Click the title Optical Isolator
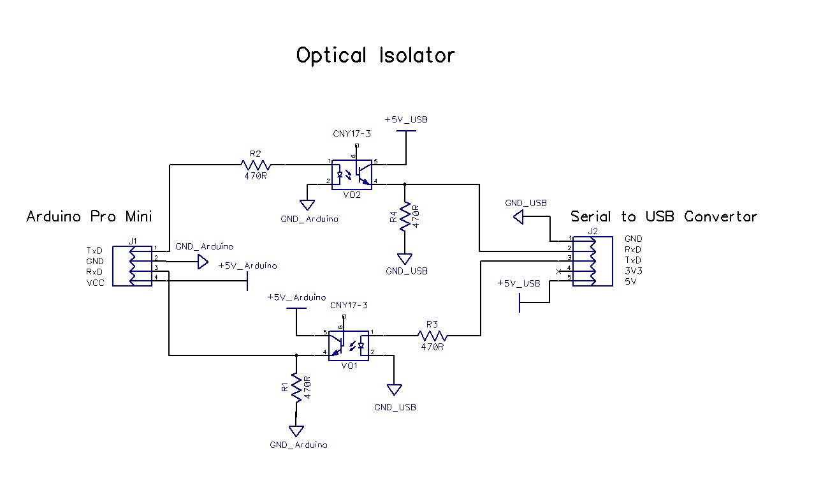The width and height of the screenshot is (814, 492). [375, 56]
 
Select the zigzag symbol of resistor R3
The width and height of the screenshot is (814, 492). [433, 336]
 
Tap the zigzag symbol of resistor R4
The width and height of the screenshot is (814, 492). [404, 218]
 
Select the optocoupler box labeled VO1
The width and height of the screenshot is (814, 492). [349, 345]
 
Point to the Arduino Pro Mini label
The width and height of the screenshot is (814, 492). [89, 216]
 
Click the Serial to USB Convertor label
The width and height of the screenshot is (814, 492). [664, 216]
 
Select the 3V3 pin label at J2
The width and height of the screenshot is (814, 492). [633, 271]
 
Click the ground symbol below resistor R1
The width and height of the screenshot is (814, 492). [296, 431]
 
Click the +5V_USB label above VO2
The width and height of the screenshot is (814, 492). [406, 119]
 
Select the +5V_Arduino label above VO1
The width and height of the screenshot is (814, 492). [296, 297]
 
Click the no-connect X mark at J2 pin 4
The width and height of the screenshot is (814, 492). [559, 272]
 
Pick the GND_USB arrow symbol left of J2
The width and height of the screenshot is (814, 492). [519, 218]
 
